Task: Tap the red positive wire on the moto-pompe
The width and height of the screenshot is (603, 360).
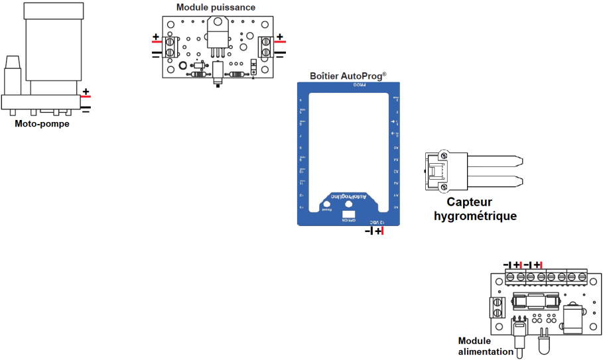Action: click(x=86, y=97)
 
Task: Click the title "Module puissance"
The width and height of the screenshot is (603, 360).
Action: click(x=215, y=7)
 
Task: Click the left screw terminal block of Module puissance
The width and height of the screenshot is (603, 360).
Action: click(x=170, y=46)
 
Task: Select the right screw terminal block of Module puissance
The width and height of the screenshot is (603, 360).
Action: click(x=265, y=46)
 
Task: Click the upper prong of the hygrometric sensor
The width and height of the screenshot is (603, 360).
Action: click(x=494, y=160)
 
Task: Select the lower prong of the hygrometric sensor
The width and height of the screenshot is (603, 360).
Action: click(x=494, y=181)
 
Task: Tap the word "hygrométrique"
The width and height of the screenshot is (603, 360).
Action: click(x=475, y=216)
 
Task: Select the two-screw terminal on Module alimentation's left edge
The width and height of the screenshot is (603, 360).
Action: click(x=496, y=308)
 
